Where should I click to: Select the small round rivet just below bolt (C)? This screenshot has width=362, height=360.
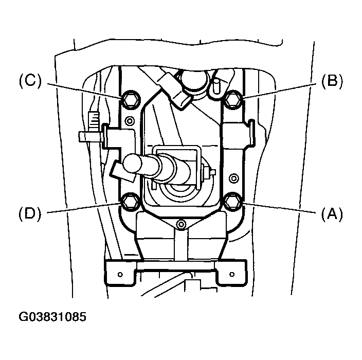(x=130, y=121)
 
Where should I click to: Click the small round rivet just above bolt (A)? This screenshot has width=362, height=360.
(x=234, y=178)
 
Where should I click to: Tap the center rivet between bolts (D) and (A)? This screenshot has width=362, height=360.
(x=180, y=224)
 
